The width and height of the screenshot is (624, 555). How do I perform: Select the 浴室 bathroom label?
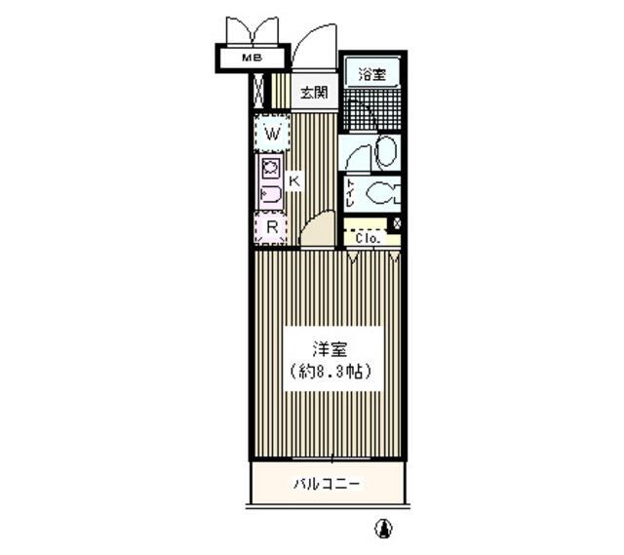coord(371,73)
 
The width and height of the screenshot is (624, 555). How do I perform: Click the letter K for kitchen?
coord(294,180)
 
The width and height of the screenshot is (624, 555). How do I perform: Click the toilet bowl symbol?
coord(383,193)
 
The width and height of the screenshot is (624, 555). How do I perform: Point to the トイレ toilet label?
coord(348,192)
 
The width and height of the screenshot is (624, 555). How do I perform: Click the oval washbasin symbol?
coord(385,152)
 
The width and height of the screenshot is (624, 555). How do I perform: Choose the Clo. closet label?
coord(366,237)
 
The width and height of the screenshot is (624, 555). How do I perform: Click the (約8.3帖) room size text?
coord(331,372)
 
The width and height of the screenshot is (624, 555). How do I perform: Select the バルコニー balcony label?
coord(328,484)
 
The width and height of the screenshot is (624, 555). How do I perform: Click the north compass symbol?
coord(384,528)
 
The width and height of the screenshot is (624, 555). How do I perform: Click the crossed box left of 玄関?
coord(258,93)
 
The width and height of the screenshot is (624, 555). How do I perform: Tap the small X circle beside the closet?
coord(395,223)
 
